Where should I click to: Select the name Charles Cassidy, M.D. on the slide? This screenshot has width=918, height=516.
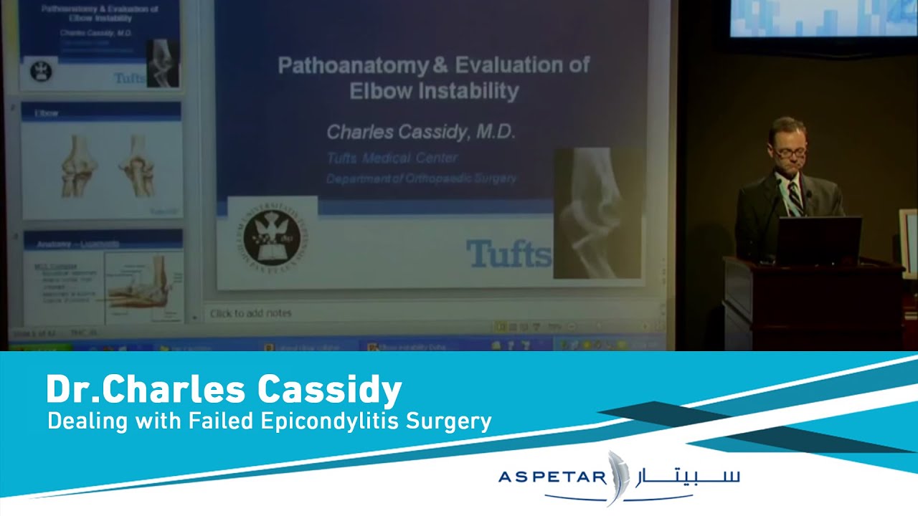click(421, 132)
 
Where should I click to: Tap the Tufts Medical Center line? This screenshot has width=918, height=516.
click(392, 158)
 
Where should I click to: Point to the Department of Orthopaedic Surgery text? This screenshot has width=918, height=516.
click(421, 178)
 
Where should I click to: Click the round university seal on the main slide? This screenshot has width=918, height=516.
click(270, 239)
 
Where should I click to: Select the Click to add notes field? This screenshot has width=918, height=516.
click(251, 313)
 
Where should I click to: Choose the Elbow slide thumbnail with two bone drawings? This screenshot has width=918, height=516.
click(101, 161)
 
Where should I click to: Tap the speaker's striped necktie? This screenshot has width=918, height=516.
click(795, 196)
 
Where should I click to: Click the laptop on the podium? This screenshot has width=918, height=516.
click(818, 241)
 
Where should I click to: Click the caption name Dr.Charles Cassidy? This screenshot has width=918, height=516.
click(224, 391)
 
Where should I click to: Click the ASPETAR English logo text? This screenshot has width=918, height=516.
click(552, 477)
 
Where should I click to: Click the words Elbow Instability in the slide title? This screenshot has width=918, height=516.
click(433, 91)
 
